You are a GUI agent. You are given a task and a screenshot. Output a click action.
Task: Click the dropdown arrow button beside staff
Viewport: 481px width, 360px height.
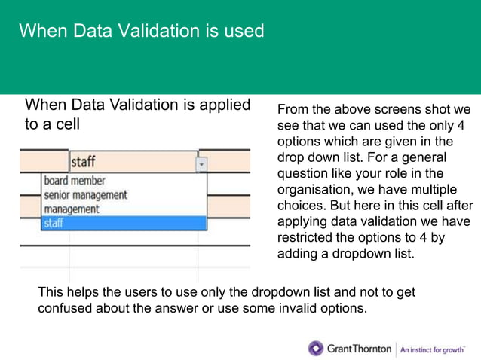[201, 163]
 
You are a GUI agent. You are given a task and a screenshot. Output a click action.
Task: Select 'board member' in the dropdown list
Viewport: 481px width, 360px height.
[75, 181]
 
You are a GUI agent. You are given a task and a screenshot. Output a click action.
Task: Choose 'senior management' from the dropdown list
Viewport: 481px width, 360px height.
[85, 195]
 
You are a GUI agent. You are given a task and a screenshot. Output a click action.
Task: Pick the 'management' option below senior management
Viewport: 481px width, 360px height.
[72, 209]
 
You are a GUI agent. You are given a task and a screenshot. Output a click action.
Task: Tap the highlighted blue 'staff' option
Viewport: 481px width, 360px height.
[54, 223]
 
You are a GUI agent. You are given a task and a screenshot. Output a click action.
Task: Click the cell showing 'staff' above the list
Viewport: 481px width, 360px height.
[131, 163]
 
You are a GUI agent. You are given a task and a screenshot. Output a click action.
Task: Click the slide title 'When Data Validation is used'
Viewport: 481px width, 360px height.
[141, 31]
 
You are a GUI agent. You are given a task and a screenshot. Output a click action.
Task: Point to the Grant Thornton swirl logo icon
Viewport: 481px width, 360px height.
[315, 349]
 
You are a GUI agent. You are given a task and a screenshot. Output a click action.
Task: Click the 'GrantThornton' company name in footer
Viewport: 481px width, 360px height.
[360, 349]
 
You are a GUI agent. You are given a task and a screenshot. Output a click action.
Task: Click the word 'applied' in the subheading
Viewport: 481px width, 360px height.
[222, 105]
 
